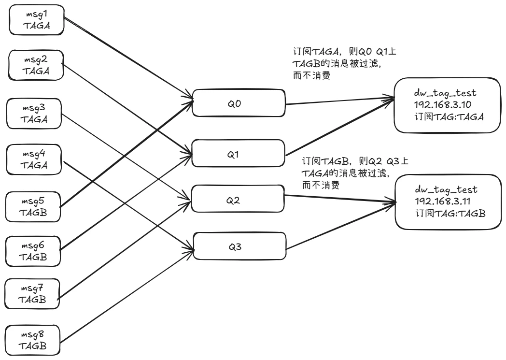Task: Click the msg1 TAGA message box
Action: (x=36, y=21)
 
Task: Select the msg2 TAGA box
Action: (x=36, y=65)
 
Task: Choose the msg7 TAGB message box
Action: (x=32, y=293)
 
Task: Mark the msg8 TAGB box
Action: (x=32, y=340)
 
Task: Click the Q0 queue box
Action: (x=238, y=103)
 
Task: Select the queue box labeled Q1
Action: (x=239, y=154)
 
